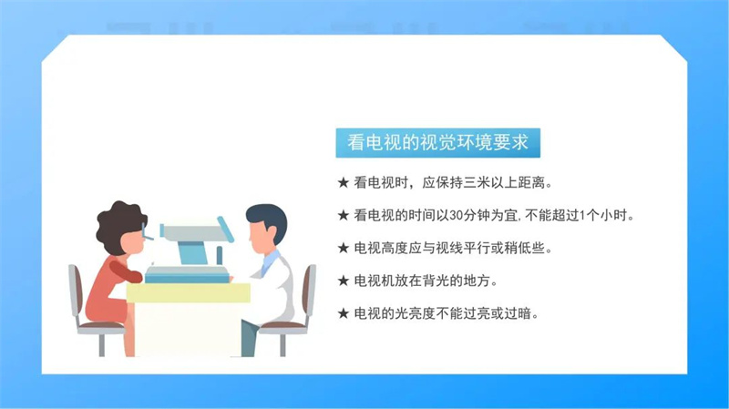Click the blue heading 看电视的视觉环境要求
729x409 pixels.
point(437,143)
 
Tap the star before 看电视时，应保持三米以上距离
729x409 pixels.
point(344,183)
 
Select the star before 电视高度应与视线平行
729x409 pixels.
point(344,248)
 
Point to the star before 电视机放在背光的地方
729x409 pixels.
point(344,281)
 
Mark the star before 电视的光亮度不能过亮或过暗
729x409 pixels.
point(344,313)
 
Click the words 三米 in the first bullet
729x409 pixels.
point(477,183)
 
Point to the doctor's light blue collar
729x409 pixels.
point(270,262)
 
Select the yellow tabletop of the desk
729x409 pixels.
point(189,292)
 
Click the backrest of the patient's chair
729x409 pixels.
point(75,292)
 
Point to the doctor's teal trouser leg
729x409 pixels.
point(249,338)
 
